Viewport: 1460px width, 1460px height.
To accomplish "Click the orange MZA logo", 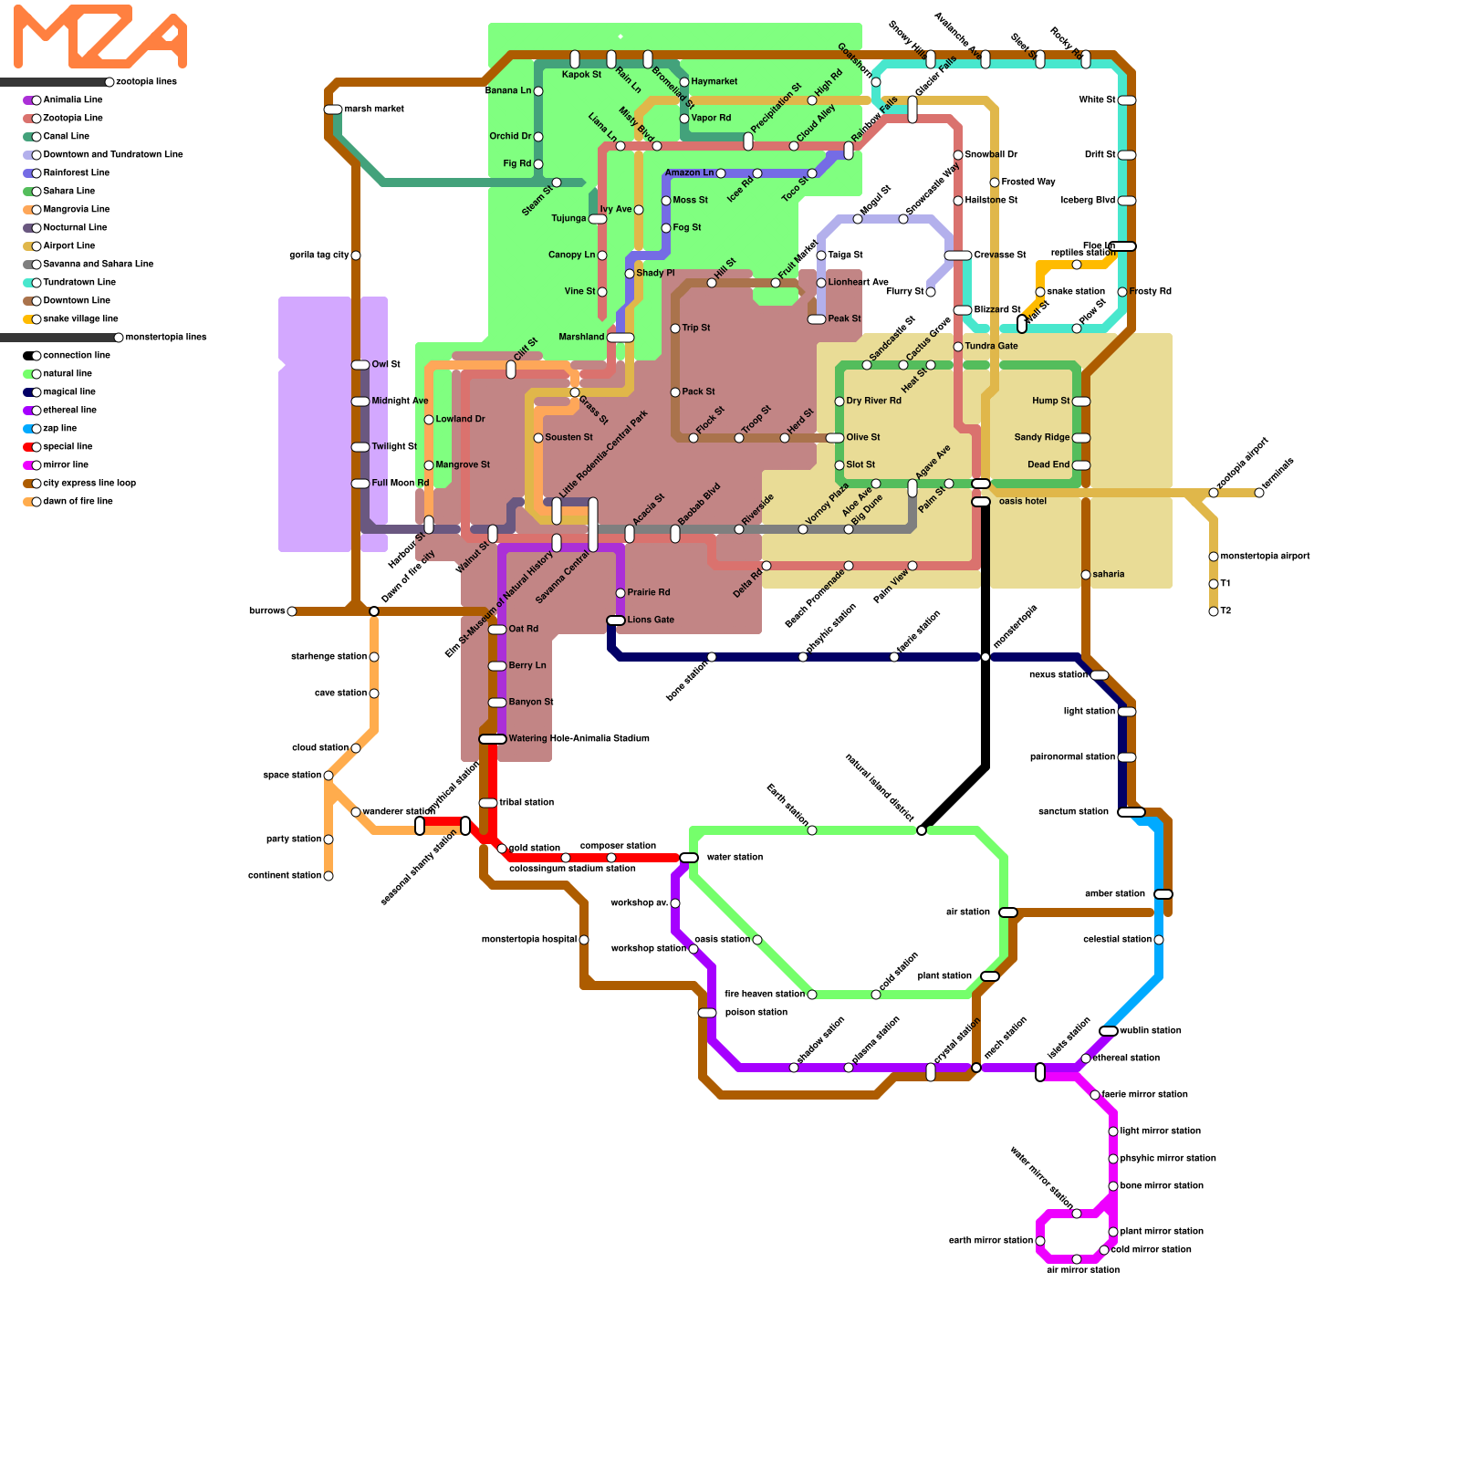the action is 100,36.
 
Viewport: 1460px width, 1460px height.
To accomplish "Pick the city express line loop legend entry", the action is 89,483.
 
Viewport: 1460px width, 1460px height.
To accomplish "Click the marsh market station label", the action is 374,109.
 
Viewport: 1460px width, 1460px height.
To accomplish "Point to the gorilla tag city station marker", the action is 356,255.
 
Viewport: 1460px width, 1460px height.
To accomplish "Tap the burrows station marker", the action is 292,611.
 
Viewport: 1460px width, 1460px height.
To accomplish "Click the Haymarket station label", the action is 714,82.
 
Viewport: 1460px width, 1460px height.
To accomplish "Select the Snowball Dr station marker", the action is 958,155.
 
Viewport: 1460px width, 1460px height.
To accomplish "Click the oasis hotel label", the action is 1023,501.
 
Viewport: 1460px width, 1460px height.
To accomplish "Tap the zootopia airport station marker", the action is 1214,493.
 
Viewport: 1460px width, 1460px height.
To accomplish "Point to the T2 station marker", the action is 1214,611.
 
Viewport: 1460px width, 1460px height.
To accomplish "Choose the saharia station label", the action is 1109,574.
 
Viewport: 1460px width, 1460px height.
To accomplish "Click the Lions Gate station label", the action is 651,620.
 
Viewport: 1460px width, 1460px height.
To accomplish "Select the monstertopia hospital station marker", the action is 584,940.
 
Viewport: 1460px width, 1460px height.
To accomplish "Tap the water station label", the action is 735,857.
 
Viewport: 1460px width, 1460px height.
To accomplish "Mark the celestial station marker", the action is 1159,940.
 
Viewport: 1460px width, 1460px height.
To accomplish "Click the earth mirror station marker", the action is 1040,1241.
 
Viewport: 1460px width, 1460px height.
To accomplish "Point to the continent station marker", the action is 328,876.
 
